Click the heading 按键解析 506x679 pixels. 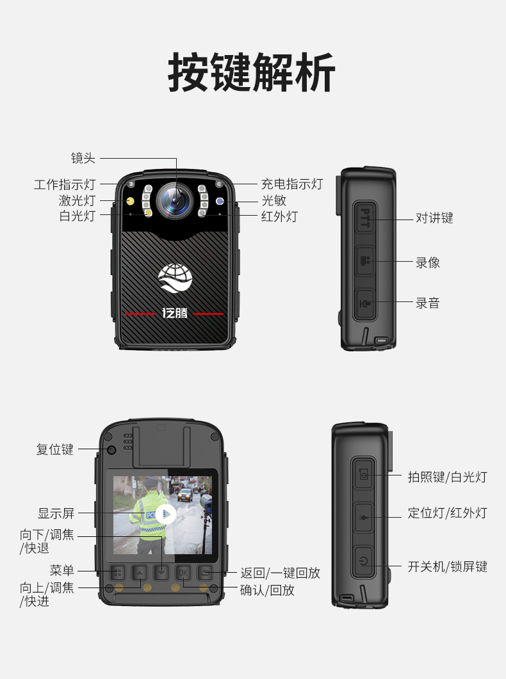click(252, 72)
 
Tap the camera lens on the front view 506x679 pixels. click(175, 200)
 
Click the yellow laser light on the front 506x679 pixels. click(129, 201)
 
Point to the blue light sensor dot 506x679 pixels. click(220, 201)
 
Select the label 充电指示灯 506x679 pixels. click(292, 184)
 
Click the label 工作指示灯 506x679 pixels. click(65, 184)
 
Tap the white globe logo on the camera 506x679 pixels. click(175, 278)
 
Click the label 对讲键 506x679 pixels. click(434, 218)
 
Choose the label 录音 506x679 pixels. click(428, 303)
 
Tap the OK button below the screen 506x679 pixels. click(183, 573)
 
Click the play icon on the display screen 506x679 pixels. click(166, 515)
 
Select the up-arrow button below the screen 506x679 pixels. click(140, 573)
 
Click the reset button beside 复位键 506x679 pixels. click(112, 449)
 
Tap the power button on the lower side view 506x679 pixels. click(363, 561)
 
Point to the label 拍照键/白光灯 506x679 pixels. click(448, 477)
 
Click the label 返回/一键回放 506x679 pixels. click(281, 573)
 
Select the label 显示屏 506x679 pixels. click(56, 513)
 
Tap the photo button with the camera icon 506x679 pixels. click(363, 475)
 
